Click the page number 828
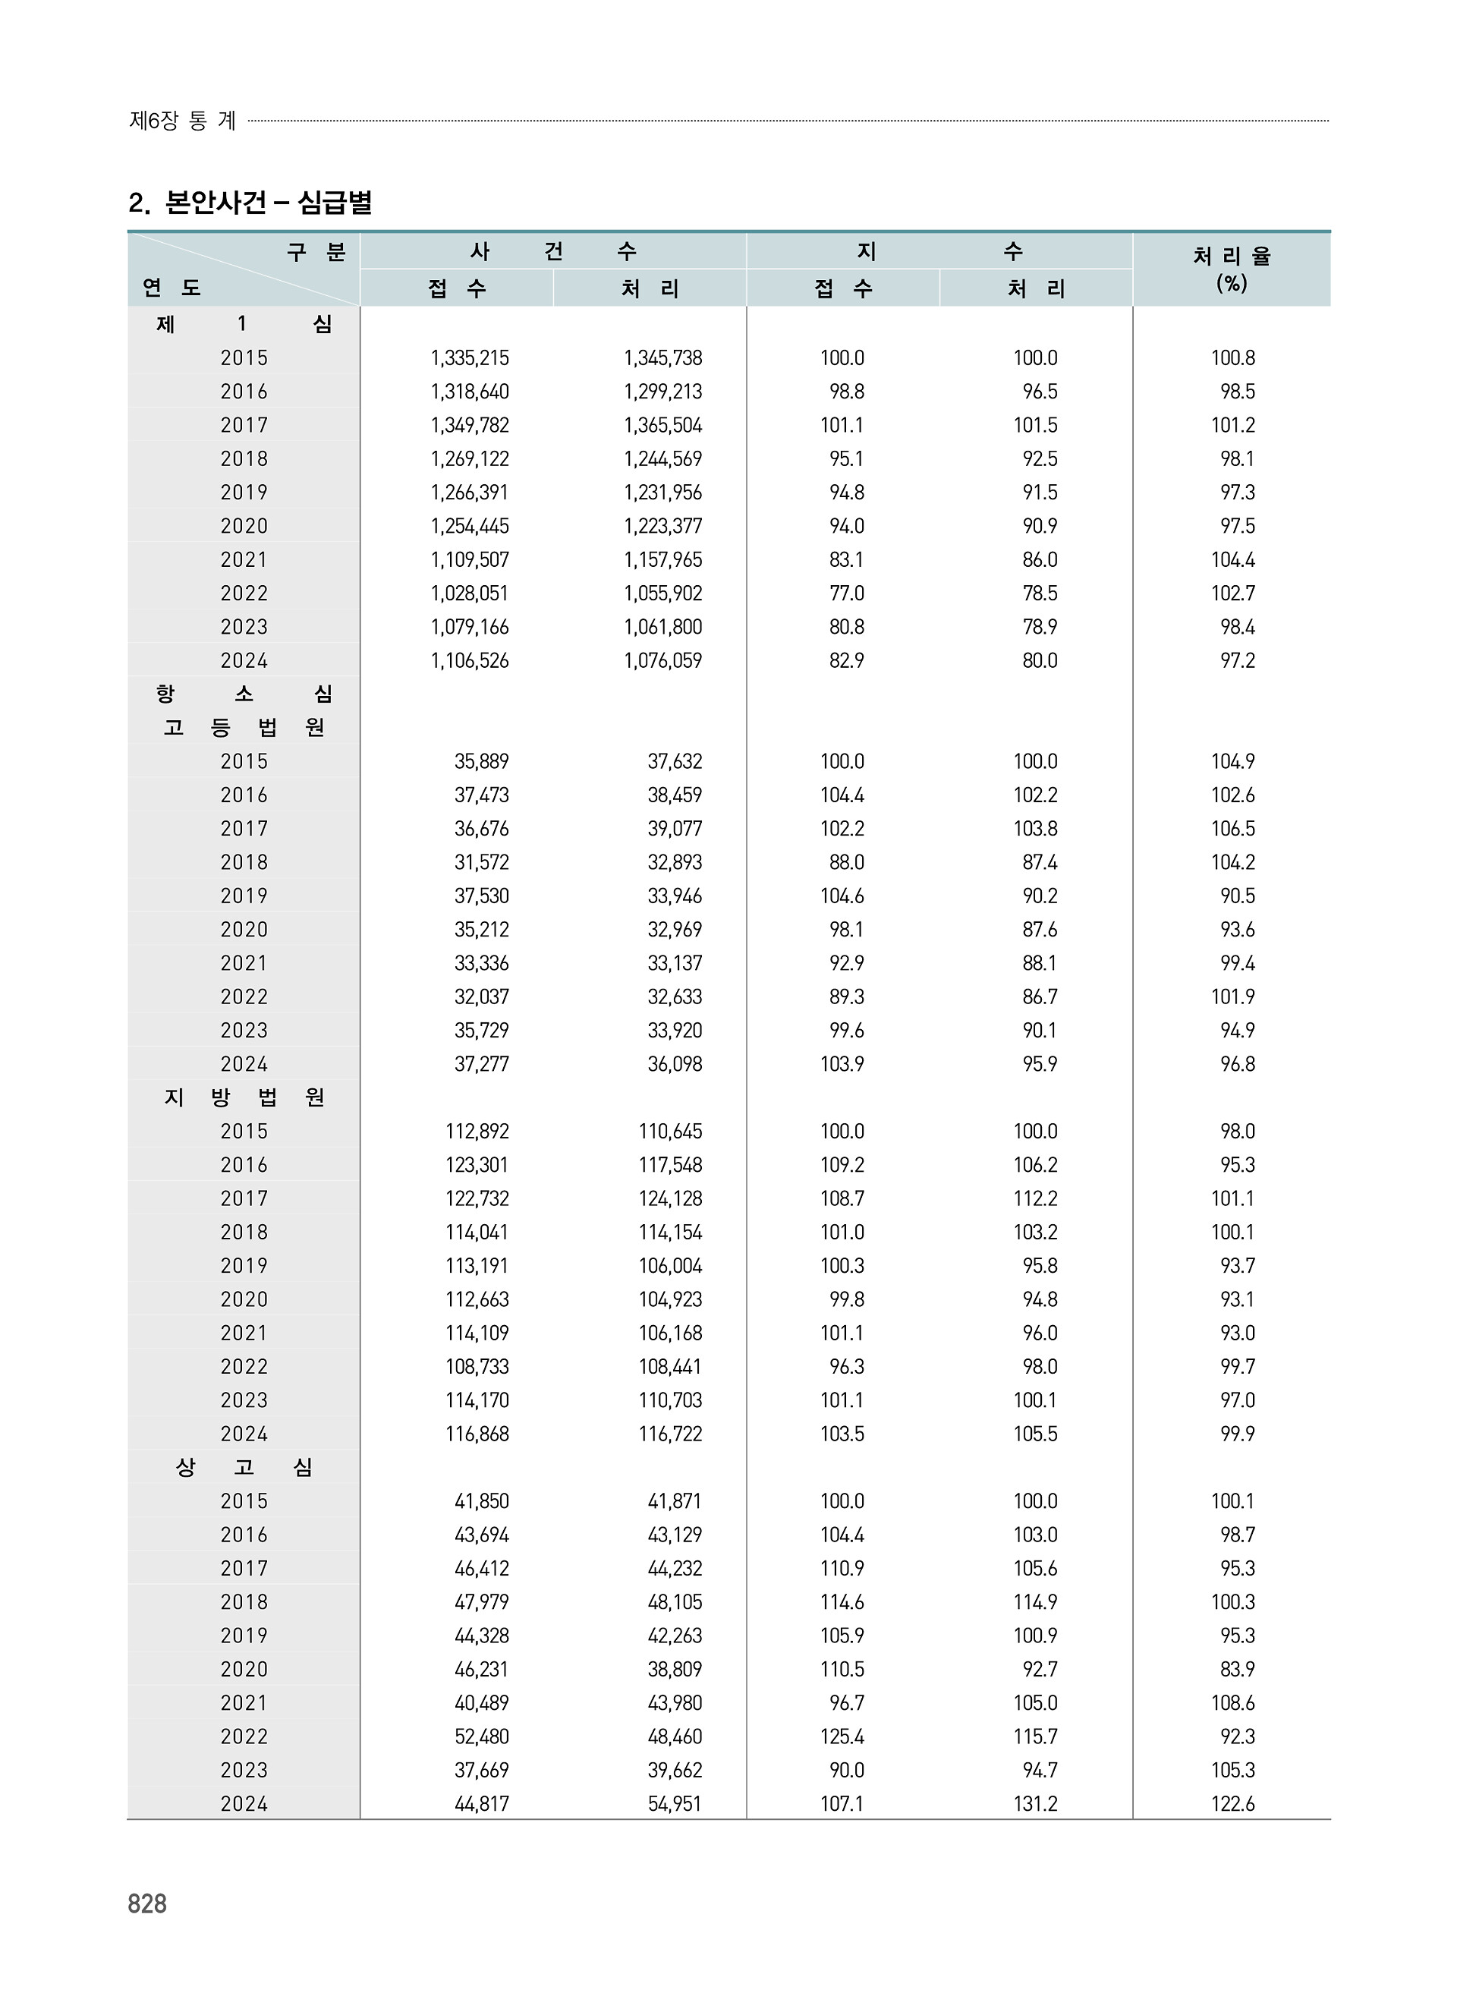pos(147,1904)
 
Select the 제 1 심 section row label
pos(244,325)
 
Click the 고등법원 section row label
pos(244,728)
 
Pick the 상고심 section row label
pos(244,1467)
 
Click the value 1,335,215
pos(469,358)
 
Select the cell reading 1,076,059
pos(662,660)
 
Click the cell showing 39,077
pos(674,829)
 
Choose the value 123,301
pos(477,1165)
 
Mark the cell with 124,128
pos(669,1198)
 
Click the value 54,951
pos(674,1804)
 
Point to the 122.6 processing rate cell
pos(1232,1804)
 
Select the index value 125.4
pos(842,1736)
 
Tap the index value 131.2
pos(1034,1804)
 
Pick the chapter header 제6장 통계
pos(183,121)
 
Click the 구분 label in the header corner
pos(316,252)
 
